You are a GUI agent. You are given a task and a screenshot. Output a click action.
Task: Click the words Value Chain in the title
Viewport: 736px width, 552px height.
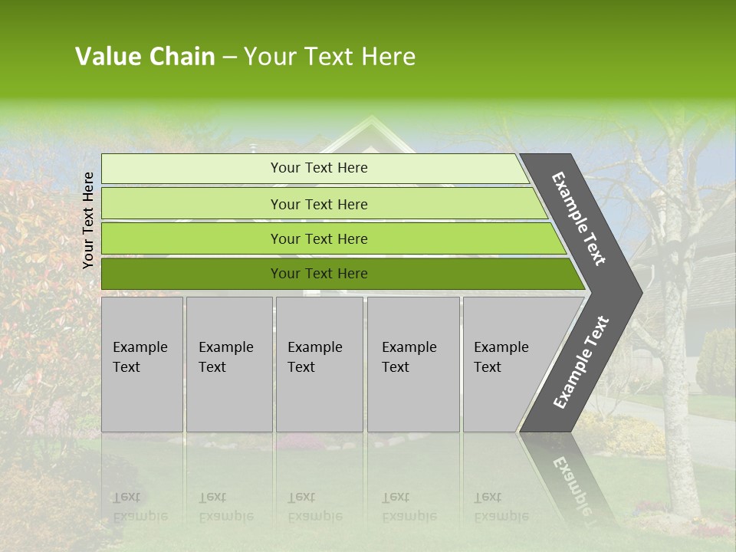coord(145,57)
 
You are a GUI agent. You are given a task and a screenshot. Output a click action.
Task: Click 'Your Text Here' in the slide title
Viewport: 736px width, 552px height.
coord(330,57)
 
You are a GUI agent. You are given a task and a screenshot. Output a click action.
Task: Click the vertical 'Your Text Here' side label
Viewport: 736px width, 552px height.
coord(88,220)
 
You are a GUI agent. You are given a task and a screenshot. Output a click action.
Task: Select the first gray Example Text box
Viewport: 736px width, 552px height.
coord(142,364)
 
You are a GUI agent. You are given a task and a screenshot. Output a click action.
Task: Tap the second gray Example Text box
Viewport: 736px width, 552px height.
coord(228,364)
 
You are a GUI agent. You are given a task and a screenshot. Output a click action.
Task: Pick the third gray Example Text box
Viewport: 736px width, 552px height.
coord(319,364)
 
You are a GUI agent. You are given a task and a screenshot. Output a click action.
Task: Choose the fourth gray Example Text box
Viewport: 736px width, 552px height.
coord(412,364)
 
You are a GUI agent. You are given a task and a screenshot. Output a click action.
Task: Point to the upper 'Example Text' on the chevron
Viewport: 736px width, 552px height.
coord(579,219)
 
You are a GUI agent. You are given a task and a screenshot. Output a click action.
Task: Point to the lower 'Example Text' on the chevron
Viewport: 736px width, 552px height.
coord(581,363)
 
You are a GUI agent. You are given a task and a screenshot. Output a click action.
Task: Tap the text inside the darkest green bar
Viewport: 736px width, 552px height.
coord(319,274)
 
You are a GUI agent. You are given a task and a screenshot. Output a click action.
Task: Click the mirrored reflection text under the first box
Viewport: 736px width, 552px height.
coord(140,507)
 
